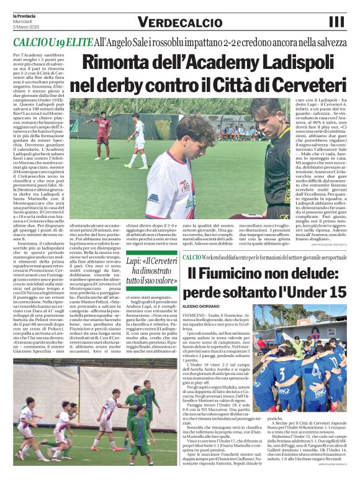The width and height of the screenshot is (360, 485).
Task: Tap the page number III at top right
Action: pos(336,22)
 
